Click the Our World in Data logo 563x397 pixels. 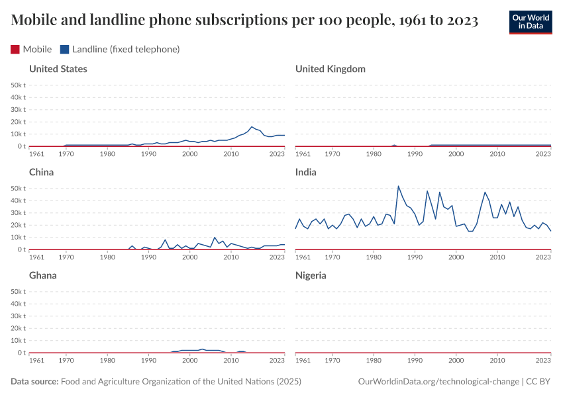(530, 22)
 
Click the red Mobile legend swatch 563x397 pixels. (15, 50)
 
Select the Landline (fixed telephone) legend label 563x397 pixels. (126, 50)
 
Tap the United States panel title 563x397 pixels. (58, 69)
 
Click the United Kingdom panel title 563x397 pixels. (331, 69)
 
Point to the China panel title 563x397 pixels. (42, 172)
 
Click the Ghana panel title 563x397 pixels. (44, 275)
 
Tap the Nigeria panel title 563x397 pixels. (311, 275)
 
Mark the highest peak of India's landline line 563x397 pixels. (399, 186)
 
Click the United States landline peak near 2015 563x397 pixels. (252, 127)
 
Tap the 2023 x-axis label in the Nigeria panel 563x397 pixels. (543, 361)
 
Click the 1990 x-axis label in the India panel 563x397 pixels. (415, 257)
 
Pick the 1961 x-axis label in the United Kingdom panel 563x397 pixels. (303, 154)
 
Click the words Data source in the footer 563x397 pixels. (34, 382)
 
